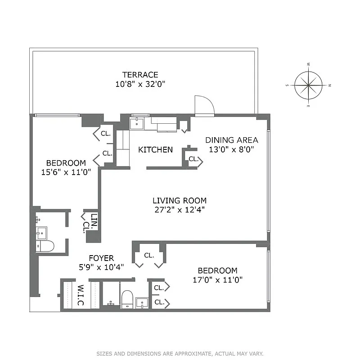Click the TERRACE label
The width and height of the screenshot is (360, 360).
pos(141,75)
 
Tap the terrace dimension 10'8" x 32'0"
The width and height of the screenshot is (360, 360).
pos(141,84)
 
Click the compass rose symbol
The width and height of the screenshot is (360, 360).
pos(309,85)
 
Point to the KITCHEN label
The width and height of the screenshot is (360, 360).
pos(155,149)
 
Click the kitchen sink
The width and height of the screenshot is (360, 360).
pos(136,123)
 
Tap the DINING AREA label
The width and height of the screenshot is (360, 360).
pos(232,140)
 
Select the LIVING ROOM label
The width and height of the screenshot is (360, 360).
pos(179,201)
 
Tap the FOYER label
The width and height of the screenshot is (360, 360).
pos(101,258)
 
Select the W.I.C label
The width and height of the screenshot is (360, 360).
pos(81,295)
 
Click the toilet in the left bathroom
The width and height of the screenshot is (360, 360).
pos(45,246)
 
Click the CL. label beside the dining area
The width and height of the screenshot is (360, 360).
pos(193,159)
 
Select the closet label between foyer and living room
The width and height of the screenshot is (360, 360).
pos(148,255)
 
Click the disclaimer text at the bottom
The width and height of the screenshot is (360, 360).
pos(180,354)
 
